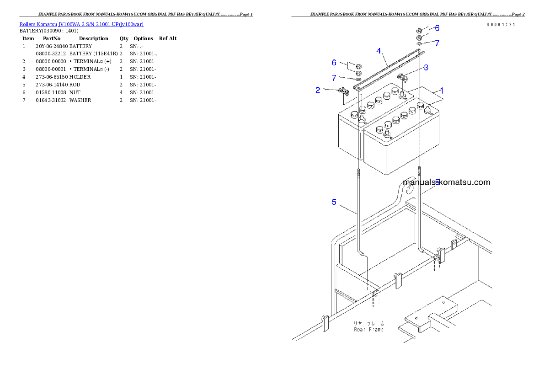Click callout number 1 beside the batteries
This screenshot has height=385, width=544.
442,91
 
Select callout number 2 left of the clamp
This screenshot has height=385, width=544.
318,90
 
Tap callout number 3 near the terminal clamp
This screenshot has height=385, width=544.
426,68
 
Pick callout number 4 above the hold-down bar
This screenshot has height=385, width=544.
379,50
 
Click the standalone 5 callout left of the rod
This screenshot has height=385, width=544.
334,202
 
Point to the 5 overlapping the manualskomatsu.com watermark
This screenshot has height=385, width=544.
437,182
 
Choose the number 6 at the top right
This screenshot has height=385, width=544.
437,28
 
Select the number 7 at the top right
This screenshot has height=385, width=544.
437,43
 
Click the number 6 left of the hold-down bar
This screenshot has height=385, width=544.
334,62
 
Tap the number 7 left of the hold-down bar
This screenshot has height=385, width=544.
334,78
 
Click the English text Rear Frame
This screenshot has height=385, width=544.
368,329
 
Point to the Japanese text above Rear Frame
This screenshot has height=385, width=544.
368,323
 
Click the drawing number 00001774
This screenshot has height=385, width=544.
501,25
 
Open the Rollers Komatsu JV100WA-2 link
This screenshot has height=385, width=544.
81,24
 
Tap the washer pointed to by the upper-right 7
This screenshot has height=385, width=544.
420,43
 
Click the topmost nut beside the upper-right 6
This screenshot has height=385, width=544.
420,31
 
